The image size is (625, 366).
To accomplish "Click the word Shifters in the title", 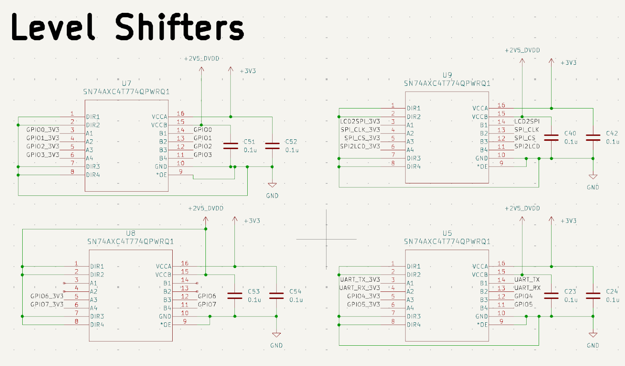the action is pos(179,27).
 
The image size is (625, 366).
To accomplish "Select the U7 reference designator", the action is pos(127,84).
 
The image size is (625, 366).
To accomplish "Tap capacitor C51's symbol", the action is pos(230,146).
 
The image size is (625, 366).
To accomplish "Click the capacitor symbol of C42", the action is pos(593,137).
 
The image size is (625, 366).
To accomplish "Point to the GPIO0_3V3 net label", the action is pos(43,130).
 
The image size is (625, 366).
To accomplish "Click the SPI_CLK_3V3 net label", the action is pos(360,130).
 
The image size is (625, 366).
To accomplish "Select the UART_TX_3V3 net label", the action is pos(360,279).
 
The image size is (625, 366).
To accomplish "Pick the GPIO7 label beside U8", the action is pos(207,304).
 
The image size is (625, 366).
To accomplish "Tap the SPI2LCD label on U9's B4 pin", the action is pos(527,146).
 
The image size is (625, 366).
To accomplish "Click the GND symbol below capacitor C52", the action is pos(272,185).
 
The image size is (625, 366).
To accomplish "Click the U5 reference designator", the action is pos(447,233).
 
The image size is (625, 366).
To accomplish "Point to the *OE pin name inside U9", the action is pos(482,167).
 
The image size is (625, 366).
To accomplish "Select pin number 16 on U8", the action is pos(184,263).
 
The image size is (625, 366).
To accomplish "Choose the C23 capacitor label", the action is pos(570,291).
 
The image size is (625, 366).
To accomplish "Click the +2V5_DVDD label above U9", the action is pos(522,50).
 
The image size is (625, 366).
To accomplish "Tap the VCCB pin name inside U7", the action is pos(159,125).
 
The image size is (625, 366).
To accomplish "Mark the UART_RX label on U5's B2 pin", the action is pos(527,288).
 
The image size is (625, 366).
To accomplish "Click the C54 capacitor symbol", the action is pos(276,295).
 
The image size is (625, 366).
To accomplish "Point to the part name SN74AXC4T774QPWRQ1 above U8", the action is pos(130,242).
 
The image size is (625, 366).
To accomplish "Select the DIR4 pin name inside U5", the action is pos(414,325).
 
